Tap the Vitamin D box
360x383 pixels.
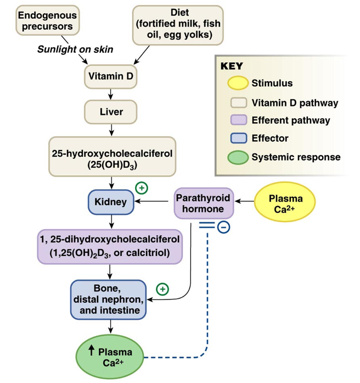pyautogui.click(x=110, y=76)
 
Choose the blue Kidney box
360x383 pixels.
pyautogui.click(x=111, y=202)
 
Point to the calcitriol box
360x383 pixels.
pyautogui.click(x=111, y=247)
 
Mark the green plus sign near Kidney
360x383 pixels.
pyautogui.click(x=142, y=188)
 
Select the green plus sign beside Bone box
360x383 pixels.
pyautogui.click(x=162, y=288)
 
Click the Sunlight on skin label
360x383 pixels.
pyautogui.click(x=75, y=49)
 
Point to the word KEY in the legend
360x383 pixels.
pyautogui.click(x=231, y=66)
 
